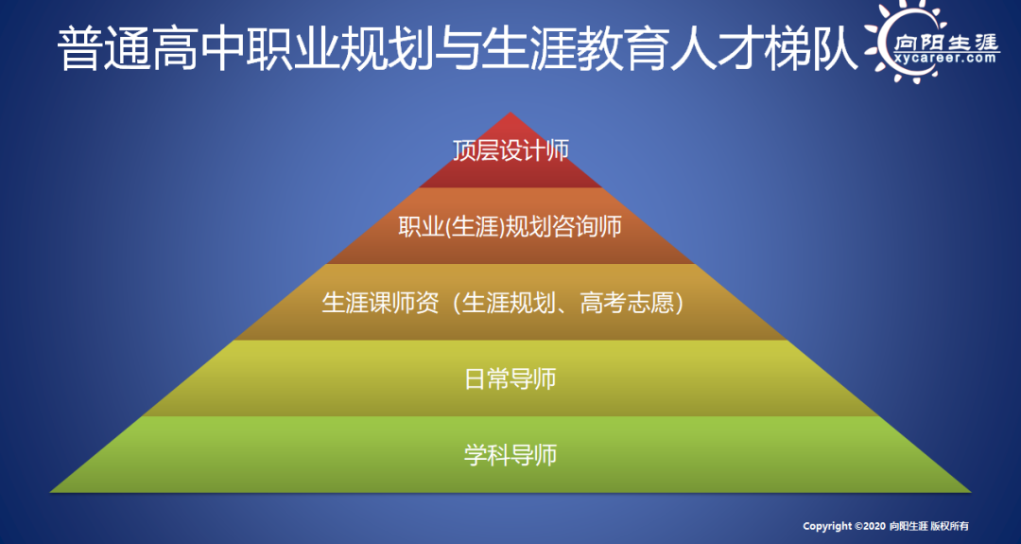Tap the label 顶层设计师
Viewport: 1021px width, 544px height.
tap(510, 150)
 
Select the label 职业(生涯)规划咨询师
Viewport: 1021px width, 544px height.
tap(510, 227)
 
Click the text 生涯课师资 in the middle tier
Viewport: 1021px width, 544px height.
tap(380, 303)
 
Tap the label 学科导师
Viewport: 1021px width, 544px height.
tap(510, 455)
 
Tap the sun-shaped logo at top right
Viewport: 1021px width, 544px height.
tap(932, 42)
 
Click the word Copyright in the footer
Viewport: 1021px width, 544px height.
tap(827, 526)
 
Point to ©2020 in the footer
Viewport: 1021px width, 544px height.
tap(871, 526)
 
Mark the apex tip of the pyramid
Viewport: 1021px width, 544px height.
tap(510, 112)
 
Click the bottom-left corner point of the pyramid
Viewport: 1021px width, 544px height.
tap(50, 492)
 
